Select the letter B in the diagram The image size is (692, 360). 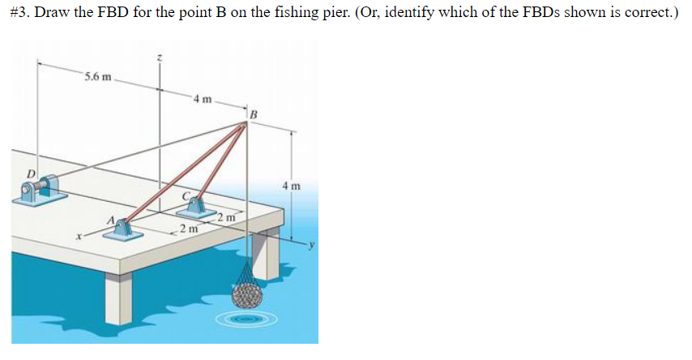pyautogui.click(x=253, y=113)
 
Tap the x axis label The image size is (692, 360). pyautogui.click(x=78, y=237)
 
